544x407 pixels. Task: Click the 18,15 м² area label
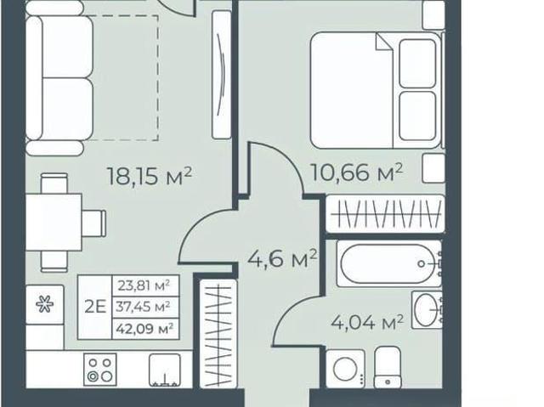(150, 176)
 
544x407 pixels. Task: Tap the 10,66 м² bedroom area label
(357, 172)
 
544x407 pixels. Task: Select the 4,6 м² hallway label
(282, 258)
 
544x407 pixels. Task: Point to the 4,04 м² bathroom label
(367, 323)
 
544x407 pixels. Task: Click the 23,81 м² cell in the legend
(145, 285)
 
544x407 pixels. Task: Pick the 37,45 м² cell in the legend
(145, 307)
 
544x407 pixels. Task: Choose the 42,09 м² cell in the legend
(145, 328)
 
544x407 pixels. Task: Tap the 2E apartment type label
(95, 307)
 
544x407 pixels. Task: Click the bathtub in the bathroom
(389, 263)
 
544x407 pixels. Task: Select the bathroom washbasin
(427, 309)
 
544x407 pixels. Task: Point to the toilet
(388, 367)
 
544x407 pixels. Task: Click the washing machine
(346, 369)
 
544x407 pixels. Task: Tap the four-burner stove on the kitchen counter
(100, 370)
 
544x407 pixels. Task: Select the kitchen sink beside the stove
(164, 370)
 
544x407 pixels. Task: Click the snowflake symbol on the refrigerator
(45, 304)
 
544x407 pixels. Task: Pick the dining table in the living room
(54, 222)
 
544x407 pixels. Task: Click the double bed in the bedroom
(376, 90)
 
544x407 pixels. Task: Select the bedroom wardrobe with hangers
(385, 214)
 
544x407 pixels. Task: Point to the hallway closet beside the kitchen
(218, 333)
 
